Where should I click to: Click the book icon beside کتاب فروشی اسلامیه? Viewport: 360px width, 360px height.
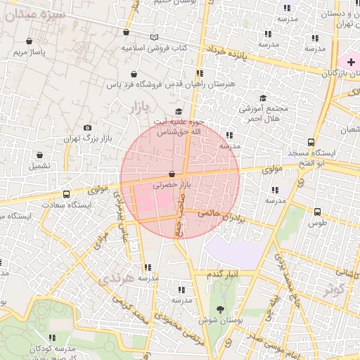pos(154,37)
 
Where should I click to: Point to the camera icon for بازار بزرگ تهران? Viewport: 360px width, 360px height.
pos(87,127)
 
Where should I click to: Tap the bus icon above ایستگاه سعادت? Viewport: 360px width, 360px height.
pos(66,194)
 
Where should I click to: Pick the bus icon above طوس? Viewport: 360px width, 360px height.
pos(318,211)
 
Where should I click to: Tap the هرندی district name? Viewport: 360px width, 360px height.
pos(115,278)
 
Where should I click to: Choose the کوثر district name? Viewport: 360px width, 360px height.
pos(335,288)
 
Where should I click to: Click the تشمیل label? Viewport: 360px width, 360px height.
pos(39,167)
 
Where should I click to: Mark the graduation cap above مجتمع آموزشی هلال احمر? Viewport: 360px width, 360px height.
pos(263,98)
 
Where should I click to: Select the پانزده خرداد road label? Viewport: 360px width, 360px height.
pos(228,52)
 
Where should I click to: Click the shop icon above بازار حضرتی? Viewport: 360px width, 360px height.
pos(172,174)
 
